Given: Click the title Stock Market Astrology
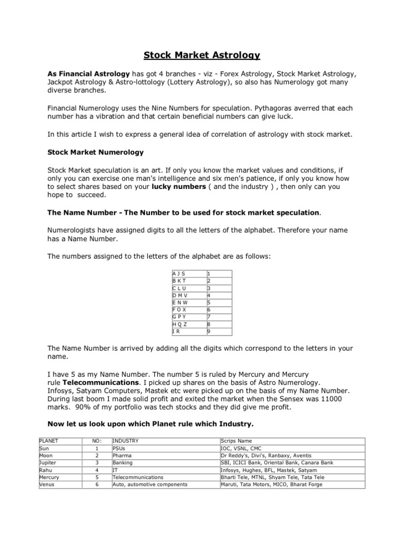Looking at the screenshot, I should pos(203,55).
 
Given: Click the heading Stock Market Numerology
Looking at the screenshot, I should pos(96,152).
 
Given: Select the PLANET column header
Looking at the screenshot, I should pos(49,441).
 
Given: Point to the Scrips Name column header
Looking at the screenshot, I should pos(237,441).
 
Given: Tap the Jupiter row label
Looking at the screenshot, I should pos(48,463).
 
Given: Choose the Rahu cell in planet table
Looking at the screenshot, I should pos(46,470).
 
